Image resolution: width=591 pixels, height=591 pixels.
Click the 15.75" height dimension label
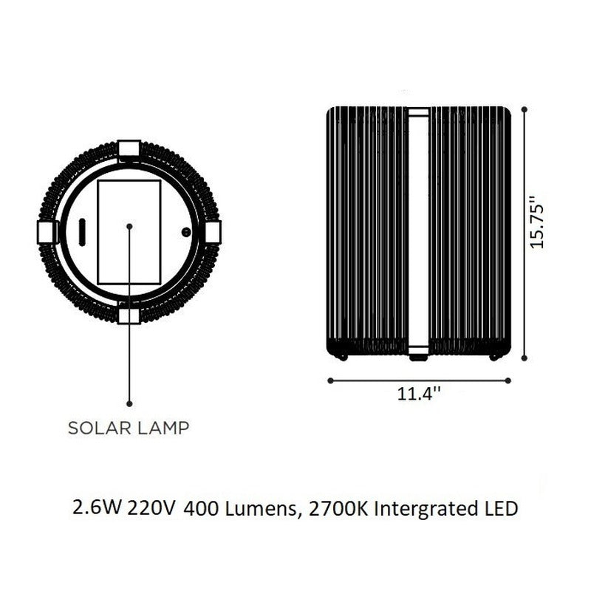(x=537, y=222)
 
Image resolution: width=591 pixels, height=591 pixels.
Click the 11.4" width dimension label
(x=419, y=394)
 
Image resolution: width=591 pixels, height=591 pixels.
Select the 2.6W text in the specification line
(x=97, y=508)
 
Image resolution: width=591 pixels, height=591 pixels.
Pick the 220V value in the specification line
(x=151, y=508)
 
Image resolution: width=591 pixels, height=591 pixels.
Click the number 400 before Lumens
(x=200, y=509)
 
